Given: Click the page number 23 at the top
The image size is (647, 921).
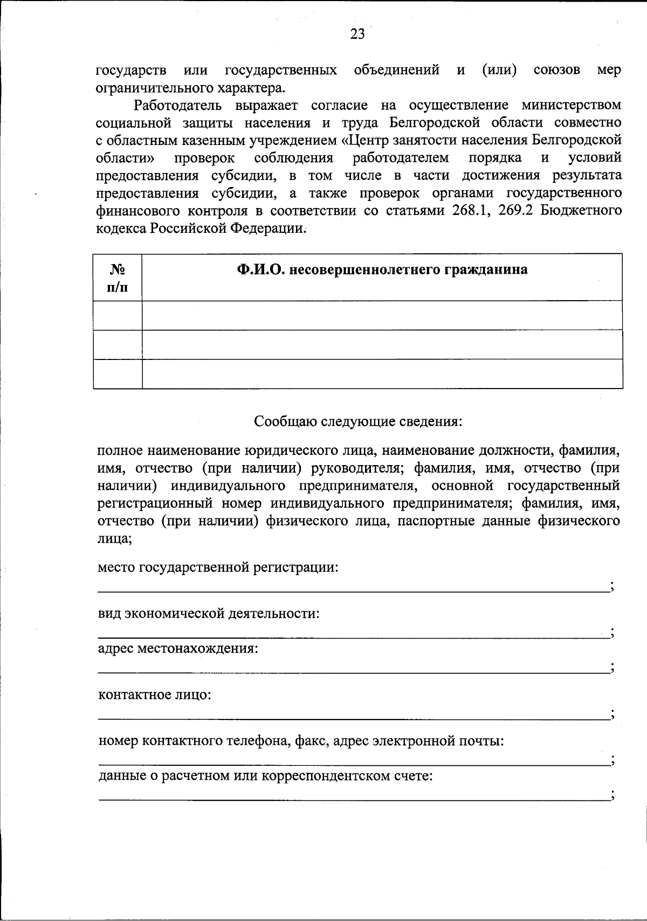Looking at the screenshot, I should pyautogui.click(x=357, y=34).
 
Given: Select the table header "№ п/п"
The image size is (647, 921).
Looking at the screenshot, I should pyautogui.click(x=118, y=278).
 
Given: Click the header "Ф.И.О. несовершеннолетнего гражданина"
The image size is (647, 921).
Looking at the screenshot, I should pyautogui.click(x=382, y=269).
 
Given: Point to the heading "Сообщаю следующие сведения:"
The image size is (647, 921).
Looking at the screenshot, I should pyautogui.click(x=358, y=421).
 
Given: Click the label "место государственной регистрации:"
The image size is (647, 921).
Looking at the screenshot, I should pyautogui.click(x=218, y=567).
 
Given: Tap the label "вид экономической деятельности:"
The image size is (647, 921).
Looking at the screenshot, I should pyautogui.click(x=209, y=614).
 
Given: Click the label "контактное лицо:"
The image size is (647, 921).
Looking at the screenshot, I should pyautogui.click(x=155, y=695).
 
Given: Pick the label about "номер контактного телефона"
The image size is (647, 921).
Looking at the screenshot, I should pyautogui.click(x=301, y=742).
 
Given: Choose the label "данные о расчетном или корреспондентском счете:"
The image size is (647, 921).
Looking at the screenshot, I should pyautogui.click(x=266, y=777).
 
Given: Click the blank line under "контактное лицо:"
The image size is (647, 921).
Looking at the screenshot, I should pyautogui.click(x=353, y=718).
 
